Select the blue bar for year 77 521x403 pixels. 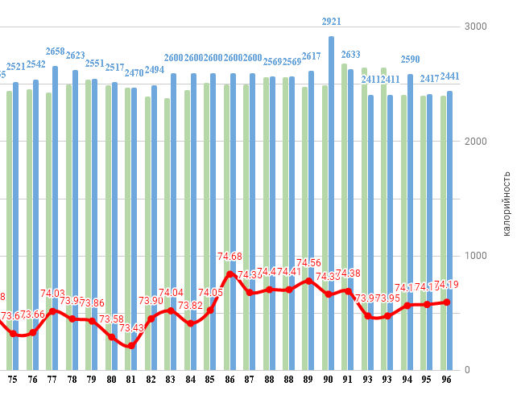pos(55,217)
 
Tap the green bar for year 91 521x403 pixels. pos(344,217)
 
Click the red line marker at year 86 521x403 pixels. pos(231,274)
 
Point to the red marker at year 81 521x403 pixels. pos(130,346)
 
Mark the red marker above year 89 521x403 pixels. pos(309,281)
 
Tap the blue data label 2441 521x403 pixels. pos(450,77)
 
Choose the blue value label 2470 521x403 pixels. pos(134,73)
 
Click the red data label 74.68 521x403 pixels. pos(230,257)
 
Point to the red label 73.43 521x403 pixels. pos(131,328)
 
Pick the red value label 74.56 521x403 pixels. pos(309,263)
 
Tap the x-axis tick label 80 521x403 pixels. pos(111,379)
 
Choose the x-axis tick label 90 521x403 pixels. pos(328,379)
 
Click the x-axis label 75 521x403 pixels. pos(13,379)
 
